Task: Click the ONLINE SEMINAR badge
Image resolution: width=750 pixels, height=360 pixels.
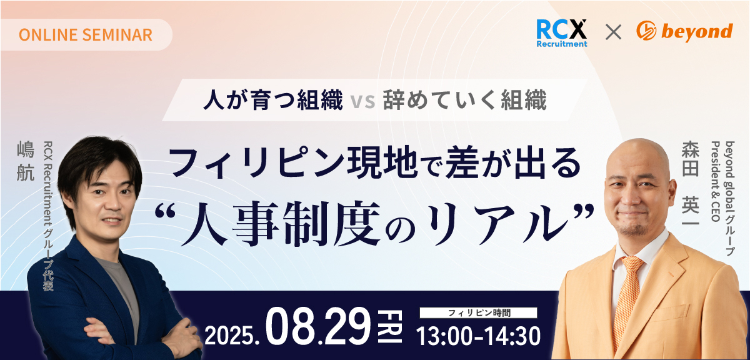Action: point(86,35)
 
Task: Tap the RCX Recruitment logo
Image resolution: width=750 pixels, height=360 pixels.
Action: point(561,33)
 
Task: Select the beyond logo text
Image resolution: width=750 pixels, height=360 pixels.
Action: point(697,32)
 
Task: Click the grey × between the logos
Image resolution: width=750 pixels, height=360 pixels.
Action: point(613,32)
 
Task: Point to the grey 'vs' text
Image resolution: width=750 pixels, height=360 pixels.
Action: point(363,101)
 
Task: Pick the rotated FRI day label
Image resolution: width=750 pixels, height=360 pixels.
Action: point(390,326)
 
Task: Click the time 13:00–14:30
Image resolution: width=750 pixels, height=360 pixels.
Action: point(478,336)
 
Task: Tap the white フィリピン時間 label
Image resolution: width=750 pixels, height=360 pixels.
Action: point(479,312)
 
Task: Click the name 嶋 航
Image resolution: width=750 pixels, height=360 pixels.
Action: point(26,161)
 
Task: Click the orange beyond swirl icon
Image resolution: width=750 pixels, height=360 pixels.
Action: point(646,31)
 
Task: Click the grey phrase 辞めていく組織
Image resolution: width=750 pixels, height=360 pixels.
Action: point(465,100)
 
